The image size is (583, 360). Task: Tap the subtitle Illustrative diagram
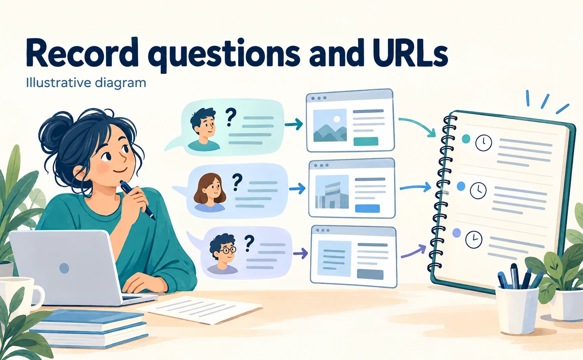(86, 83)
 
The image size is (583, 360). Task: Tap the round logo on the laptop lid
(64, 268)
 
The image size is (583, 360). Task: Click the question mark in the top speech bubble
(230, 117)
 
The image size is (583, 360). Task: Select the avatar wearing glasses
(223, 254)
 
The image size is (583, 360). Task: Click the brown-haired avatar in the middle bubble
(210, 192)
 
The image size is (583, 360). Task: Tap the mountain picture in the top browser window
(330, 125)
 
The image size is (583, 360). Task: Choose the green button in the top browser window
(366, 141)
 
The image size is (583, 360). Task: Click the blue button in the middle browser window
(367, 208)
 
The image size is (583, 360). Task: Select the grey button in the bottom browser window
(370, 275)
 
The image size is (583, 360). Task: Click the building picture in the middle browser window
(332, 192)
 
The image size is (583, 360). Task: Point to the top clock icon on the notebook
(484, 143)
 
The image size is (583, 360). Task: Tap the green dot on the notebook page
(466, 139)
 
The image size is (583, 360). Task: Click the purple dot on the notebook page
(457, 233)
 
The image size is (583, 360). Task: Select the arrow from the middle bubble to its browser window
(297, 188)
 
